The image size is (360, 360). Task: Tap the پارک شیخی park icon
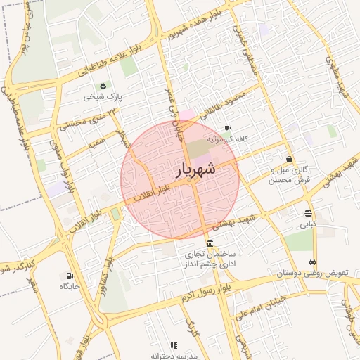(104, 86)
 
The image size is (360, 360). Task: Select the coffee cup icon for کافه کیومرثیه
(226, 128)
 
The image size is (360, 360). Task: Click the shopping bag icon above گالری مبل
(290, 159)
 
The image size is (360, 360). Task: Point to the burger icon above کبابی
(309, 213)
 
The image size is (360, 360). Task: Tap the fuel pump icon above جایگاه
(69, 276)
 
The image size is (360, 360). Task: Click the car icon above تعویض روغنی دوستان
(313, 262)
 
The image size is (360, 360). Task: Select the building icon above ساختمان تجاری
(210, 243)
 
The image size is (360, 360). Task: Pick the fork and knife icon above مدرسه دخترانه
(173, 345)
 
